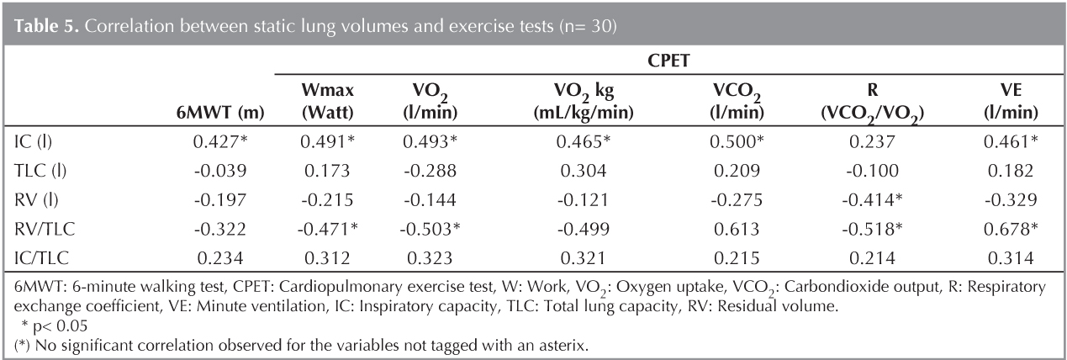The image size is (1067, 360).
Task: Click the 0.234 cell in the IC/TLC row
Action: click(x=221, y=250)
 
